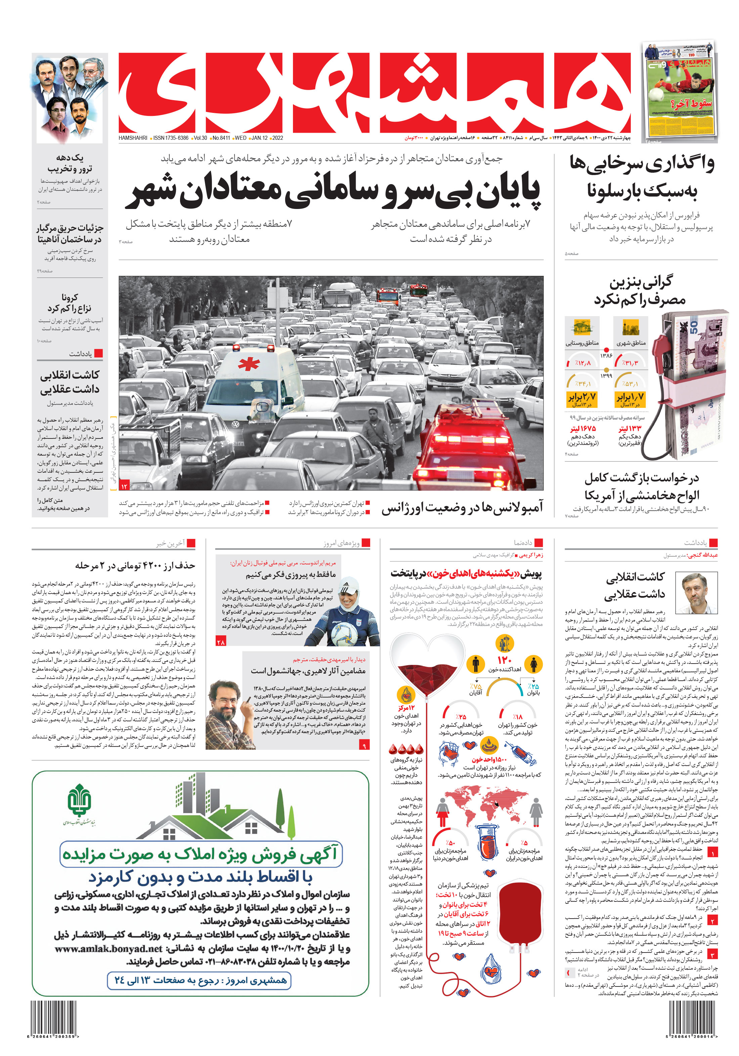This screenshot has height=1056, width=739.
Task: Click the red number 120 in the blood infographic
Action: [505, 660]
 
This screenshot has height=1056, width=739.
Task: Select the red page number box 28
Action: [220, 642]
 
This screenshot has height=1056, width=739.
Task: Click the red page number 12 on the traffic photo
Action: [124, 486]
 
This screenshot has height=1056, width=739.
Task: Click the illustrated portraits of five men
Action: [70, 97]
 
